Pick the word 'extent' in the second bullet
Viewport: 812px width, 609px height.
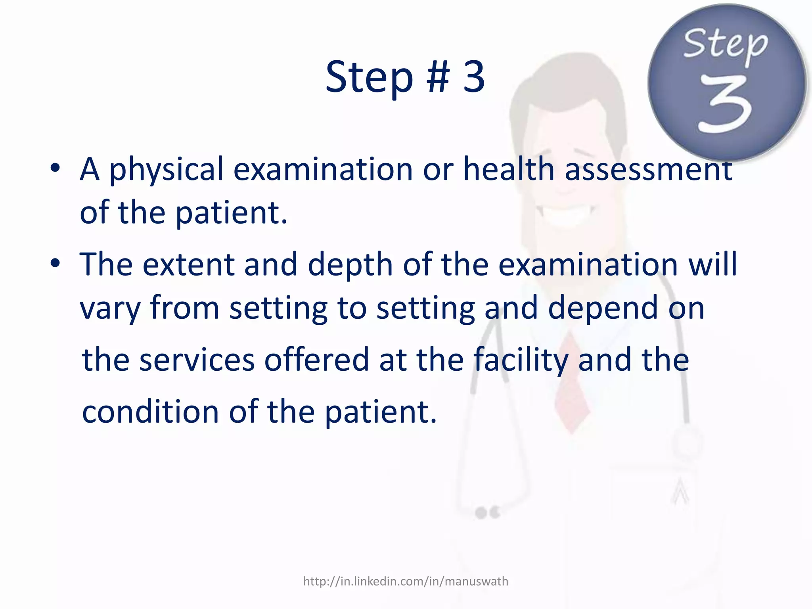click(x=188, y=264)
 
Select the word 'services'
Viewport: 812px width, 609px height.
click(x=197, y=360)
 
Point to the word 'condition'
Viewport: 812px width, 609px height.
click(x=150, y=412)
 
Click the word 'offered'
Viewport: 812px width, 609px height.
click(x=316, y=360)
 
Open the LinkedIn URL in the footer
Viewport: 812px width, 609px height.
click(x=406, y=581)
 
